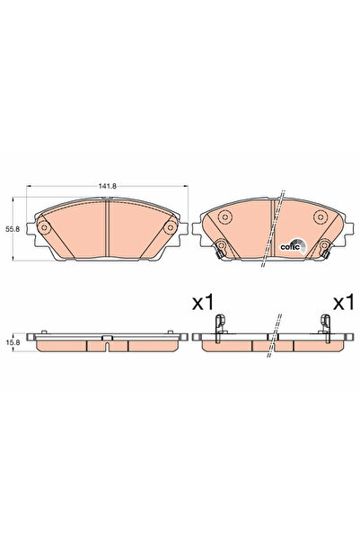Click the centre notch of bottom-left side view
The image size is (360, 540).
(107, 340)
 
